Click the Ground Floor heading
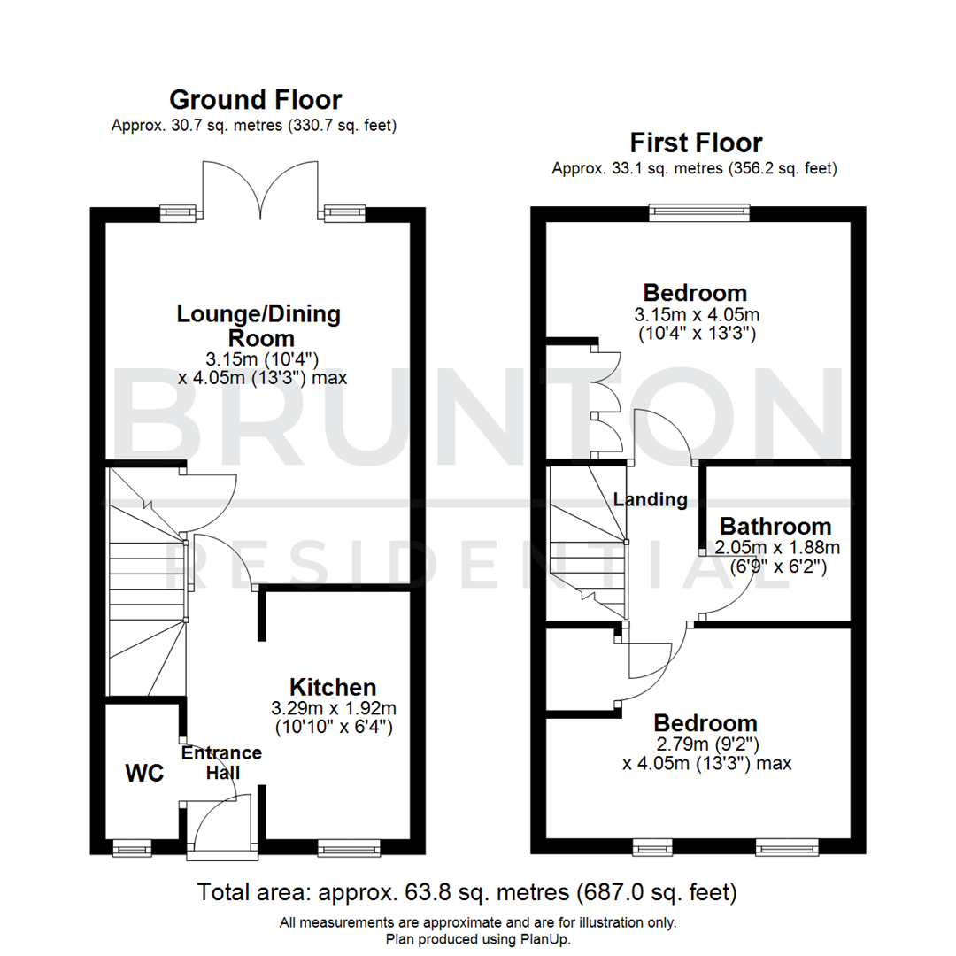[255, 99]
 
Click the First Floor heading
[696, 142]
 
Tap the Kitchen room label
[334, 687]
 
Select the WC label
[144, 773]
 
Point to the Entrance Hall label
[221, 762]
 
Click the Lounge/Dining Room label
[259, 325]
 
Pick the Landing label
[651, 499]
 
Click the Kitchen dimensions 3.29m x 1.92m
[334, 708]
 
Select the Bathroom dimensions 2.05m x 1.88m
[775, 548]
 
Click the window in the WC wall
[132, 848]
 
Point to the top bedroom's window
[698, 212]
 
